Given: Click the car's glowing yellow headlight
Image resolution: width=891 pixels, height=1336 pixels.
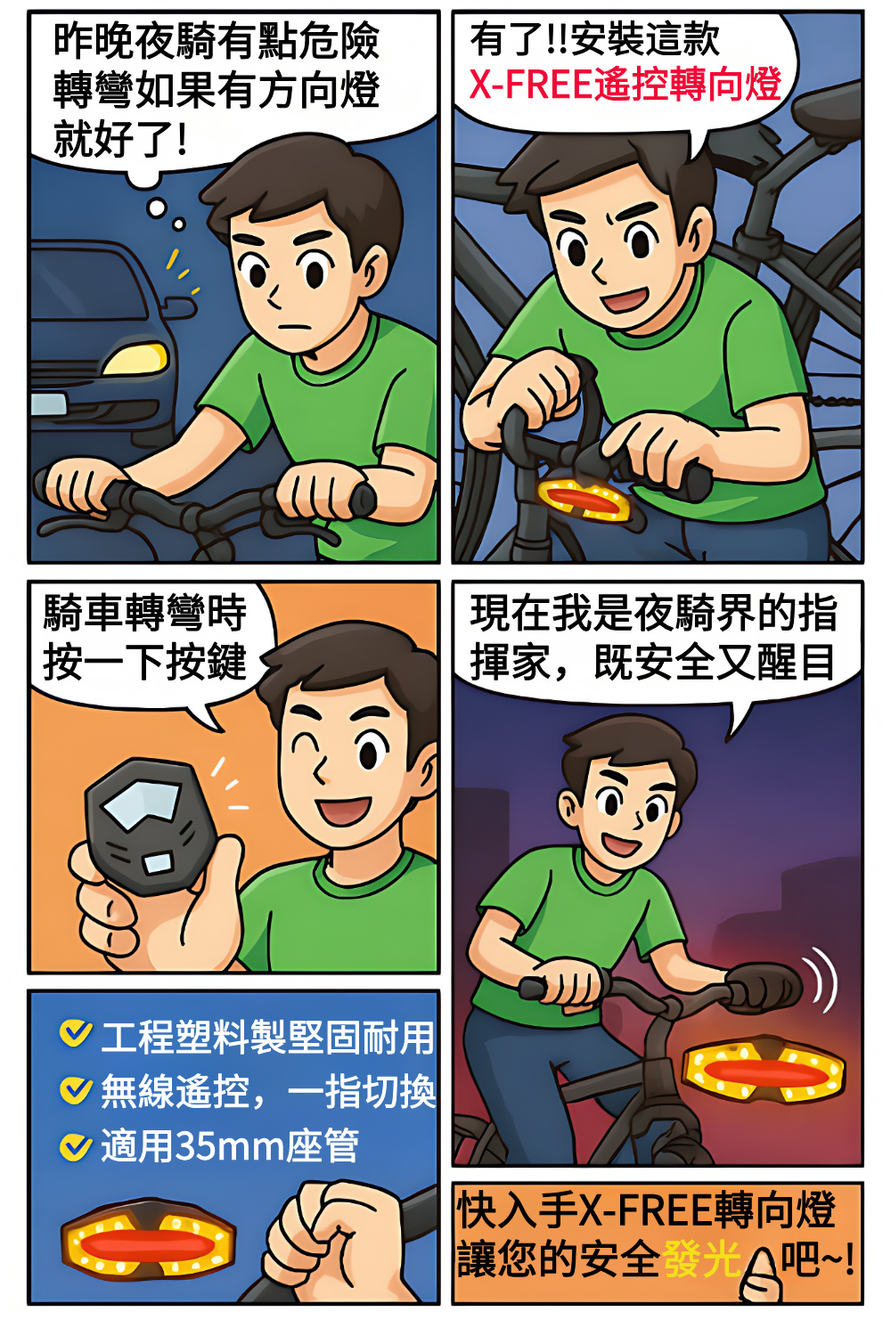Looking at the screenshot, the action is click(x=136, y=359).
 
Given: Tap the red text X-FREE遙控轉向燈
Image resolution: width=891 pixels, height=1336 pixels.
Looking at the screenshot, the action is click(x=625, y=84).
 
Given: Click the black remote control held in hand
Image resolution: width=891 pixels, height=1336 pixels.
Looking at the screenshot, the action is click(x=145, y=826).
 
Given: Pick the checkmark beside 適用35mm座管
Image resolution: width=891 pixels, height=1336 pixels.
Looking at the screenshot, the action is click(x=76, y=1145).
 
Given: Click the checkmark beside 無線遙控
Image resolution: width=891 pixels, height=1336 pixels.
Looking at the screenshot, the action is click(x=76, y=1089).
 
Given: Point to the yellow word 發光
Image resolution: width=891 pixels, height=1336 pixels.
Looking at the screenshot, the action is click(x=700, y=1259).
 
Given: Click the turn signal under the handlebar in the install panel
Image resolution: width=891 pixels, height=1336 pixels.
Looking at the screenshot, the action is click(x=583, y=499).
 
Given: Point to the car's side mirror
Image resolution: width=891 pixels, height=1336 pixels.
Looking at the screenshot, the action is click(x=178, y=308).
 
